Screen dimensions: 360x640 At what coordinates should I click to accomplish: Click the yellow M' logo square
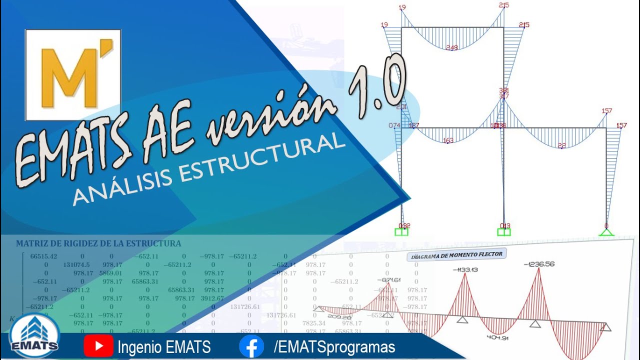click(73, 75)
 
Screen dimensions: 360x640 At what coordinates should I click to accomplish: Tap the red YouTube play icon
click(98, 346)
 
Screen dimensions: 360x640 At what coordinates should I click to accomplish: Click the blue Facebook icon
click(251, 346)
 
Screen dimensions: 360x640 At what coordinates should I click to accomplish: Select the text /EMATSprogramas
click(334, 347)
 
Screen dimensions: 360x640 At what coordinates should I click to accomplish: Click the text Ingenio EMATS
click(164, 347)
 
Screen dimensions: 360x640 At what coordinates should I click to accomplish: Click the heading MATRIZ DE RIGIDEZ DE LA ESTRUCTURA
click(98, 244)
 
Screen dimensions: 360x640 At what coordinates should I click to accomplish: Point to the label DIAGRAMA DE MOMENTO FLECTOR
click(456, 254)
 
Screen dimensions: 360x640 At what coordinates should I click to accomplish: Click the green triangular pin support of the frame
click(606, 231)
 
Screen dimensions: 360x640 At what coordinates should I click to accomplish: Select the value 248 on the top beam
click(452, 48)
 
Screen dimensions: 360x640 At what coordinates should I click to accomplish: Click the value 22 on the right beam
click(562, 146)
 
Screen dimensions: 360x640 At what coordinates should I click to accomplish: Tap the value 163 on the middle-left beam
click(448, 140)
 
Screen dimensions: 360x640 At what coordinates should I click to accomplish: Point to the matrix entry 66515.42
click(44, 256)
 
